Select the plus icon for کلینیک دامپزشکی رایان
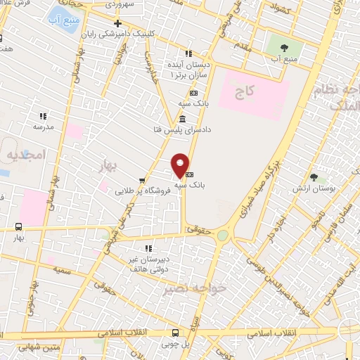(x=117, y=24)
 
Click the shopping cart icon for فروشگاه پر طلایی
(x=143, y=181)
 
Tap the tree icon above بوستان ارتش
(x=314, y=178)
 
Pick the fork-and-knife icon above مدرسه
(x=43, y=116)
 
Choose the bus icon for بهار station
(x=18, y=226)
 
